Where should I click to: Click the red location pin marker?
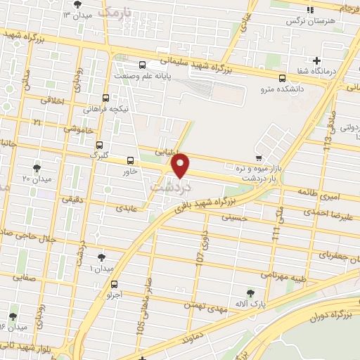pos(181,165)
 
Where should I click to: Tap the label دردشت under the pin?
pos(169,188)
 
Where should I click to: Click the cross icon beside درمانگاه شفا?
pos(316,61)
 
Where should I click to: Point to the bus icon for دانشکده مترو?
pos(282,78)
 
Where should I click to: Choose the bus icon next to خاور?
pos(129,160)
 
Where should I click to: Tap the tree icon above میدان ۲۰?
pos(37,168)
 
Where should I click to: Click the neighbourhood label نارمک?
pos(115,13)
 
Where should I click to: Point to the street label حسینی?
pos(236,219)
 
